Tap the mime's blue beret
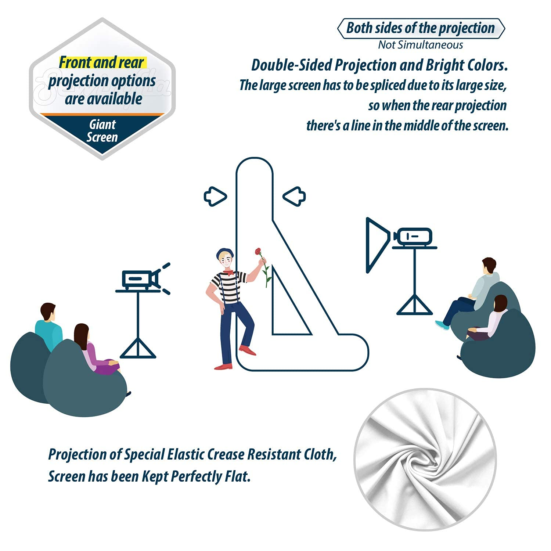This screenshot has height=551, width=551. [224, 253]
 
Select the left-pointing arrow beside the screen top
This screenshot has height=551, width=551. [294, 197]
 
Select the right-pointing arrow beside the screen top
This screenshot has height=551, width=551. [215, 197]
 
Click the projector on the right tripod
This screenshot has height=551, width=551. [413, 237]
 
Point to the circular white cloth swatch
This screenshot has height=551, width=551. [425, 459]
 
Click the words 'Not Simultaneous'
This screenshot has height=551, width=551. [421, 45]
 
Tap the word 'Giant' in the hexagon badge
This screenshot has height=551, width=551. [102, 125]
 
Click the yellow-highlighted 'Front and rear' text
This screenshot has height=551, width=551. [101, 62]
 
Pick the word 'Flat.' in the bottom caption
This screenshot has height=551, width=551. [237, 476]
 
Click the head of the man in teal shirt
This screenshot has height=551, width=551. [48, 311]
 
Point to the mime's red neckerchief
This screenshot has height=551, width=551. [228, 272]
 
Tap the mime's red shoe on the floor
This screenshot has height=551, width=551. [223, 366]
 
